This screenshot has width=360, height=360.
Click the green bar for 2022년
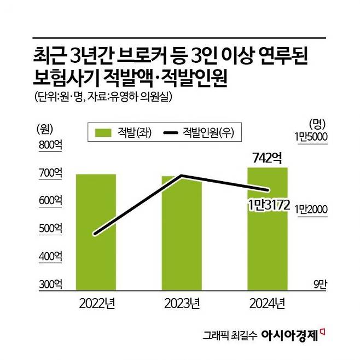click(x=96, y=232)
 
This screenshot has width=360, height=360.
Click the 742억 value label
click(x=267, y=159)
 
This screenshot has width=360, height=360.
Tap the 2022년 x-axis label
click(x=96, y=303)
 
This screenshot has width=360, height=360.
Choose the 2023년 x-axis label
click(x=182, y=303)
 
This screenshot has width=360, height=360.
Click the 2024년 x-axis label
click(x=267, y=303)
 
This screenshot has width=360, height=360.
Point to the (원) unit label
click(x=44, y=129)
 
